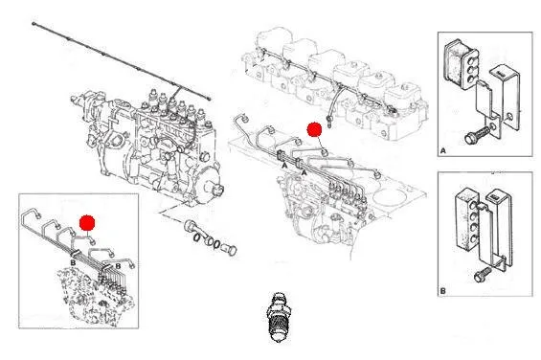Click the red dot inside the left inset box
[x=87, y=223]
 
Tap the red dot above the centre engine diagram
[x=314, y=129]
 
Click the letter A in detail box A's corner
[x=443, y=151]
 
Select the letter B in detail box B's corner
[x=443, y=291]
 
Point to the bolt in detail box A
[x=477, y=135]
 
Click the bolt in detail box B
[x=482, y=275]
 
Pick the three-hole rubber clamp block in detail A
[x=460, y=64]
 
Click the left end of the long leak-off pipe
[x=34, y=24]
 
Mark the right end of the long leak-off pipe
[x=209, y=99]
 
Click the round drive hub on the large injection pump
[x=214, y=186]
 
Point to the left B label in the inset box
[x=73, y=263]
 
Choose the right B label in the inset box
[x=118, y=266]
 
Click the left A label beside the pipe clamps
[x=284, y=166]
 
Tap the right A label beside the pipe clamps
[x=304, y=172]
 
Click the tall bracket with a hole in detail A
[x=506, y=98]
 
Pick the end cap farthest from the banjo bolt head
[x=230, y=249]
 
